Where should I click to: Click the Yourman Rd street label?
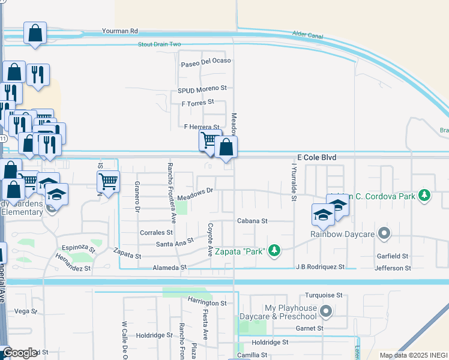120,30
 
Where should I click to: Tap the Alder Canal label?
307,35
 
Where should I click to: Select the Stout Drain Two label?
159,44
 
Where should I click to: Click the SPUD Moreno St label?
202,88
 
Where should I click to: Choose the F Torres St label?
197,103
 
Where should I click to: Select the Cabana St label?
252,221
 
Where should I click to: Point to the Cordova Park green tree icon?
424,195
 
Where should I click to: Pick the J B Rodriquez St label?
320,266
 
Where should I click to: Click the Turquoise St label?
323,295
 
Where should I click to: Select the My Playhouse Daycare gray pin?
326,311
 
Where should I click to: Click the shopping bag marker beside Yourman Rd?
35,33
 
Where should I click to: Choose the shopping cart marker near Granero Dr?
108,181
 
